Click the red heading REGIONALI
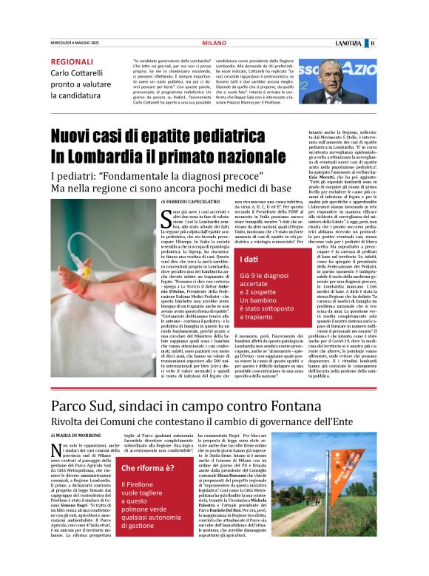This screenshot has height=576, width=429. coord(72,61)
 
